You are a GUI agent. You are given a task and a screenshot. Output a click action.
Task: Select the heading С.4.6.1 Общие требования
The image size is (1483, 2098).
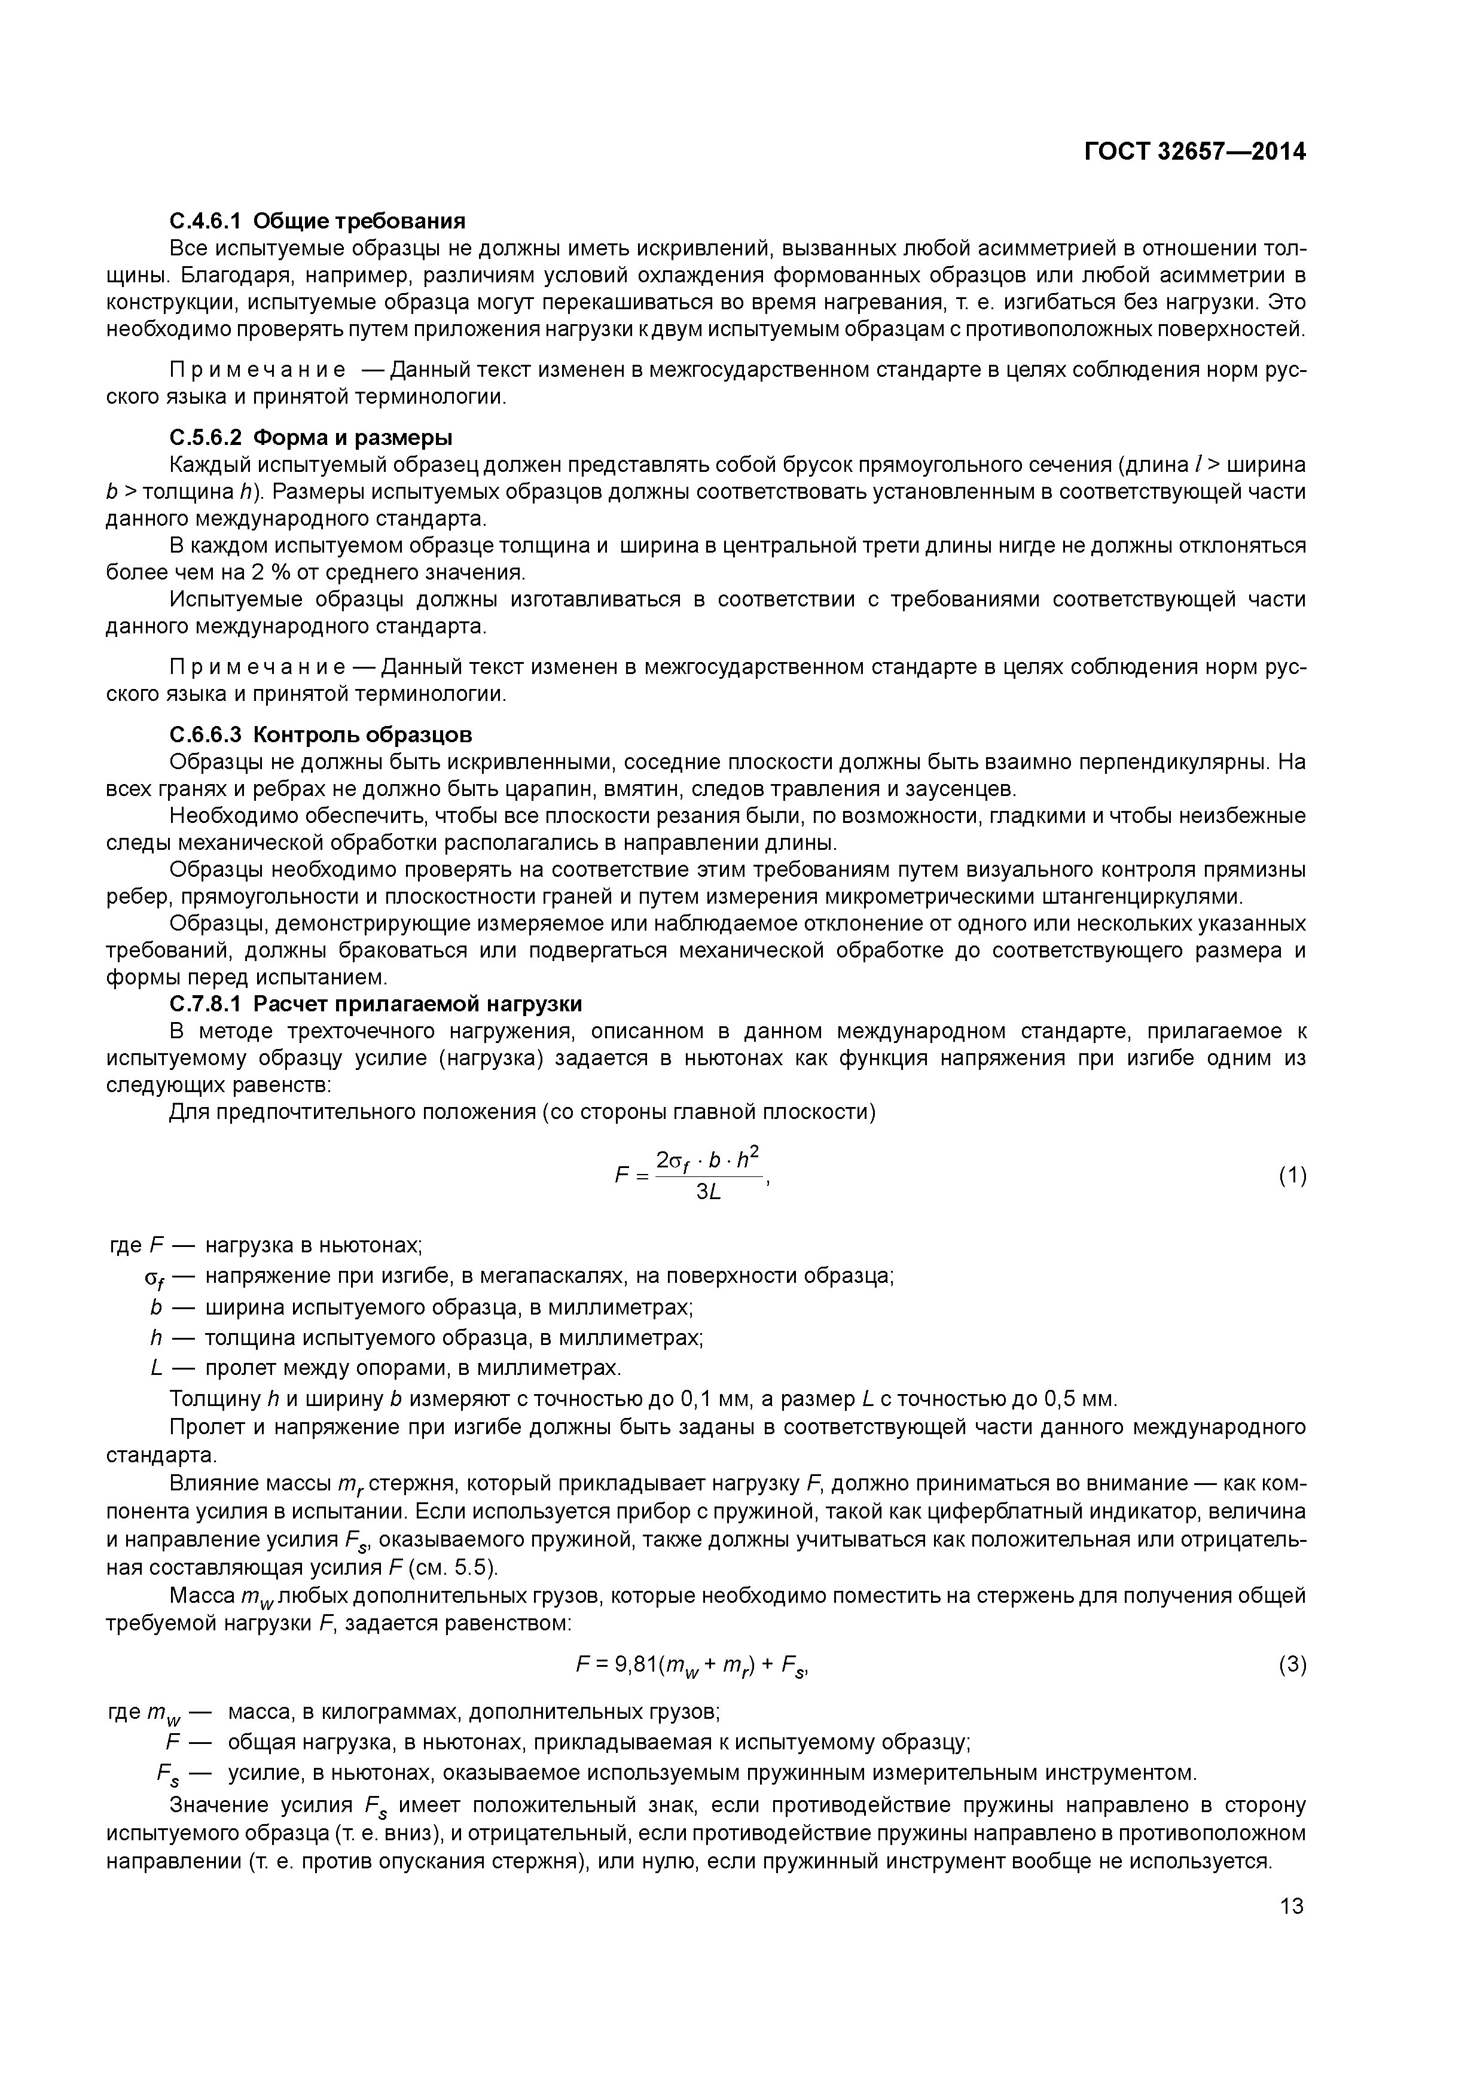pyautogui.click(x=317, y=221)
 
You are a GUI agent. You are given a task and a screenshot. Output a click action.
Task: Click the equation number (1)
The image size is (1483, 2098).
pyautogui.click(x=1292, y=1176)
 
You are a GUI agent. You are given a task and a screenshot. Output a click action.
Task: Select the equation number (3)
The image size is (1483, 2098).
pyautogui.click(x=1292, y=1665)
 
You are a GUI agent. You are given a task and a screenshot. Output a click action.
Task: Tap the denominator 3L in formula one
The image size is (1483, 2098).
pyautogui.click(x=709, y=1193)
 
